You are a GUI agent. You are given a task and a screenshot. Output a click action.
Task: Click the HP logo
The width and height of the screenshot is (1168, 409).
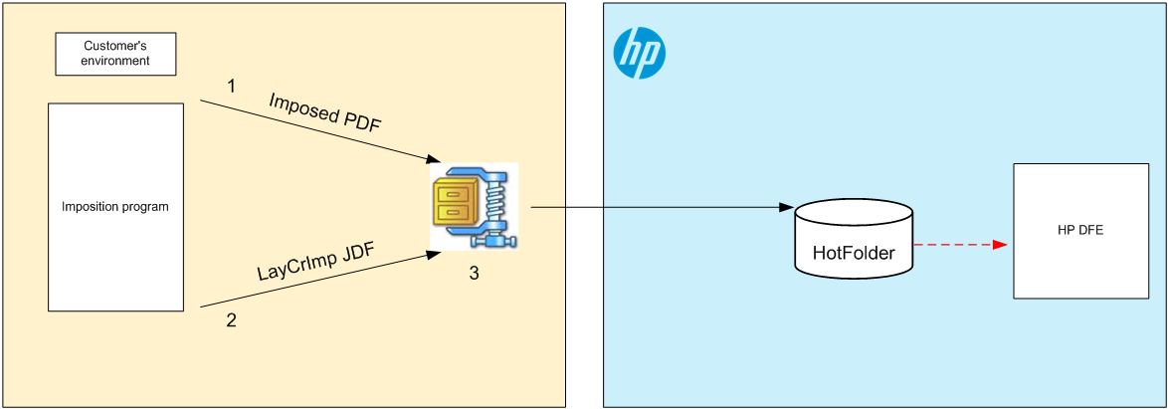click(x=639, y=53)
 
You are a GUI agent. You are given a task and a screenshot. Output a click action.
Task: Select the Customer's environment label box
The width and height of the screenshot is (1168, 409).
click(x=115, y=54)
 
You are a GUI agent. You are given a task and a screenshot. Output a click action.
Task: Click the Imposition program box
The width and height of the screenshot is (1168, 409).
click(x=115, y=207)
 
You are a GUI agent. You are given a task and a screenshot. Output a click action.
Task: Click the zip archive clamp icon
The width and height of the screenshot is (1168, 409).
click(x=474, y=207)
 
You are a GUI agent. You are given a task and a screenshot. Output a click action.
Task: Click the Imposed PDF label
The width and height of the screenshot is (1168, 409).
click(x=325, y=113)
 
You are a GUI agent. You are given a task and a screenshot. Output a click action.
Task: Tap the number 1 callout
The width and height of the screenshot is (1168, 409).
click(x=232, y=87)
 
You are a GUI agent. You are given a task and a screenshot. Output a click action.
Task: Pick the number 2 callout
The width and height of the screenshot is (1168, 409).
click(x=232, y=320)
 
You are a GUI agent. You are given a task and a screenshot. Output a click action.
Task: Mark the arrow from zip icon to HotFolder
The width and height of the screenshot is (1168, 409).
click(x=657, y=208)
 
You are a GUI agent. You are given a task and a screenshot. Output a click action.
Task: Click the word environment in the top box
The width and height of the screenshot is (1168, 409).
click(x=115, y=61)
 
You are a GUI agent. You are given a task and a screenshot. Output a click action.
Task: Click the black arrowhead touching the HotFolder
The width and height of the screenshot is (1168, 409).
click(x=787, y=208)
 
